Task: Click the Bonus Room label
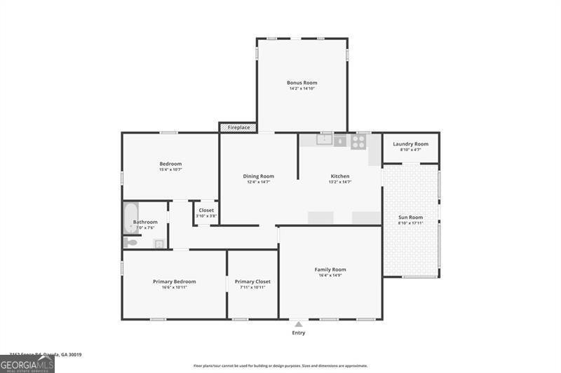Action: pos(302,83)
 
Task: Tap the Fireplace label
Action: pos(238,127)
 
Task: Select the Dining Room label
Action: pos(259,176)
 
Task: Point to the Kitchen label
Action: pos(340,176)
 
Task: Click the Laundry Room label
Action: pos(410,144)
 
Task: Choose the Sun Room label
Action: pos(411,217)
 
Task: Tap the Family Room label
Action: pos(330,269)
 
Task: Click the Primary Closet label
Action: pos(252,281)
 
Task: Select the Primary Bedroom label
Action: pos(175,281)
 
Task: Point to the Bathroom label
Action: pos(145,222)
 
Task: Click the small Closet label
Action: pos(206,210)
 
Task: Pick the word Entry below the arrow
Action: pos(299,332)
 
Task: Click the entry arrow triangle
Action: pos(299,324)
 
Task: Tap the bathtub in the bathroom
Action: pos(131,217)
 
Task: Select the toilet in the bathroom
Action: pos(131,243)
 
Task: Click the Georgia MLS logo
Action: pos(27,364)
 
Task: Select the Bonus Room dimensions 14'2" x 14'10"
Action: pos(302,89)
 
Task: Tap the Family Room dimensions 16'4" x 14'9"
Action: pos(330,276)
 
